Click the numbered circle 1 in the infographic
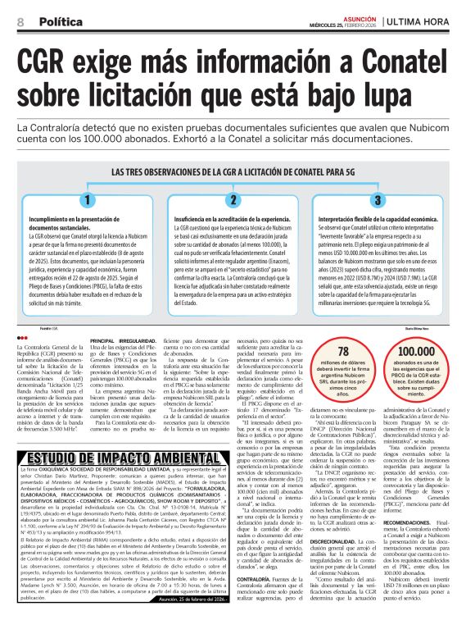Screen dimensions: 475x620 (87, 199)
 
